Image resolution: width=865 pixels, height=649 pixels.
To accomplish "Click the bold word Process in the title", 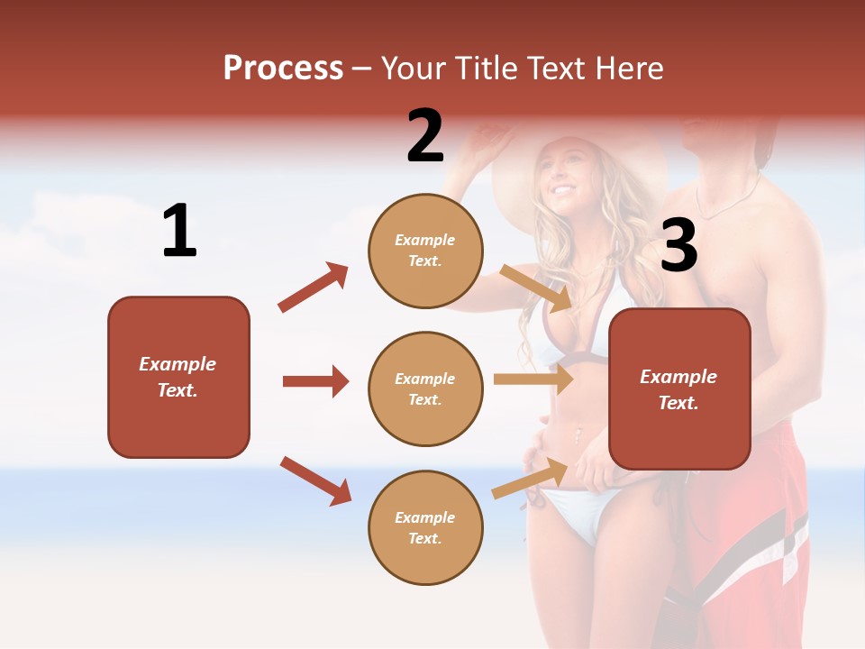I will [x=283, y=68].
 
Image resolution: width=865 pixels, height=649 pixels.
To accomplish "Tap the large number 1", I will [x=179, y=232].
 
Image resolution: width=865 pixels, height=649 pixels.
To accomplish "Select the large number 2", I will [x=425, y=136].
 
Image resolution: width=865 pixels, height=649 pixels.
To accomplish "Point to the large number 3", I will [x=678, y=245].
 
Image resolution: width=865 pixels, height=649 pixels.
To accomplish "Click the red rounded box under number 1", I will [x=178, y=377].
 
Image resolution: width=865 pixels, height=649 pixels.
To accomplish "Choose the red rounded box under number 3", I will [x=679, y=389].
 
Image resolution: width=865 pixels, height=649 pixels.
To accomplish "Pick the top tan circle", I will [x=425, y=251].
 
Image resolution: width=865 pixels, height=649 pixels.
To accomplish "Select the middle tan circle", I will [x=425, y=388].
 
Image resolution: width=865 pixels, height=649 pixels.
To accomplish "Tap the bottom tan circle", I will [x=425, y=527].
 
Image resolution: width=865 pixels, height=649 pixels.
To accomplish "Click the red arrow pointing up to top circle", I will [x=314, y=288].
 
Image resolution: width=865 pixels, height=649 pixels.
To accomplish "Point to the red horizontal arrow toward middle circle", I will [x=315, y=381].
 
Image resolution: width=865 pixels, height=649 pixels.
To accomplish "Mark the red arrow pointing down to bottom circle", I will [x=315, y=480].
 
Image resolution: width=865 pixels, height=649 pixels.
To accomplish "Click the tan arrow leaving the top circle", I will [x=536, y=288].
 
